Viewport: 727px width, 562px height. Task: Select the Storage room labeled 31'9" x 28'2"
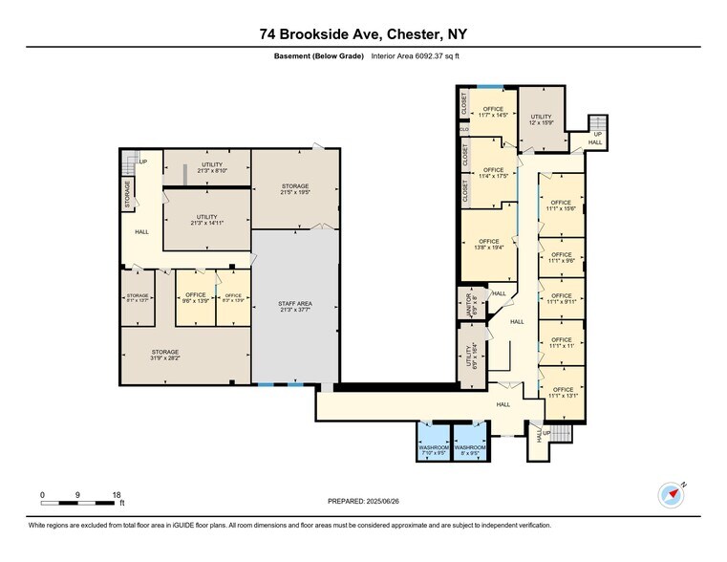click(x=164, y=356)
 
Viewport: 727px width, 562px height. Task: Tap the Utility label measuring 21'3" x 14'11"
click(x=206, y=220)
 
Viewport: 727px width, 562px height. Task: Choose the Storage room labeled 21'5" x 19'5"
click(x=294, y=189)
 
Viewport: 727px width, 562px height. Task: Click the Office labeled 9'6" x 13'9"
click(x=195, y=298)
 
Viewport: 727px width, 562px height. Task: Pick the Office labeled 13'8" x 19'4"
click(x=489, y=245)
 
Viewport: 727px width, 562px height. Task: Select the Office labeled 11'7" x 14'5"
click(x=493, y=112)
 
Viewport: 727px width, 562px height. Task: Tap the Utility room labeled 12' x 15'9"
click(x=542, y=119)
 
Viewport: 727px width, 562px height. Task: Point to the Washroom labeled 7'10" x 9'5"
click(x=433, y=450)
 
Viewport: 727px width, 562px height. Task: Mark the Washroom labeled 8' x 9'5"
click(x=469, y=450)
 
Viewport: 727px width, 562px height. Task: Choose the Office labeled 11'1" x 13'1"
click(x=562, y=392)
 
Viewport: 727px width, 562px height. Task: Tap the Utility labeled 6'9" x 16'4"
click(x=470, y=355)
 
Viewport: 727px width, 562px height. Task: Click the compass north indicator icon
click(x=672, y=494)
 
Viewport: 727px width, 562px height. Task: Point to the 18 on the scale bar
click(x=117, y=494)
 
